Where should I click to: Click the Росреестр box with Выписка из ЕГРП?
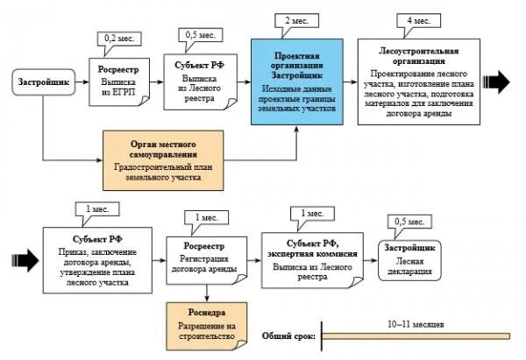[x=119, y=81]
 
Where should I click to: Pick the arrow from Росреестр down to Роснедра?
[x=206, y=291]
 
